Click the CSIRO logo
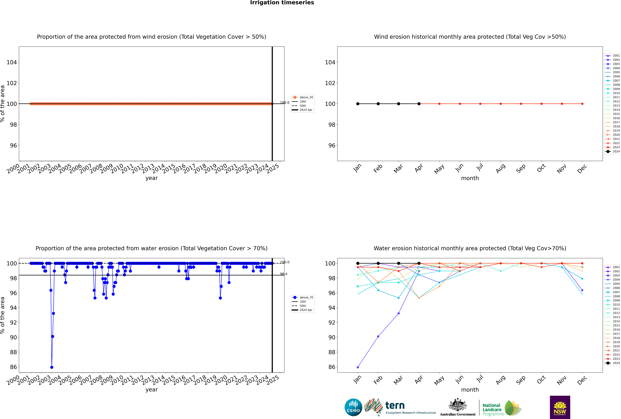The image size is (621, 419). pyautogui.click(x=353, y=407)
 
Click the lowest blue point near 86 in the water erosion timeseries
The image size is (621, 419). pyautogui.click(x=52, y=367)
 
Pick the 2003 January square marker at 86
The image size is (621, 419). pyautogui.click(x=358, y=367)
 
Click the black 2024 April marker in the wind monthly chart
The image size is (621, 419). pyautogui.click(x=419, y=104)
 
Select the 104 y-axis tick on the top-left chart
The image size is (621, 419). pyautogui.click(x=11, y=62)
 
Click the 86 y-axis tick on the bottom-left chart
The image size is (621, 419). pyautogui.click(x=13, y=367)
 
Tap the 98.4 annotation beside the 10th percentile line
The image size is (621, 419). pyautogui.click(x=284, y=274)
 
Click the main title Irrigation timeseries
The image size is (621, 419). pyautogui.click(x=282, y=3)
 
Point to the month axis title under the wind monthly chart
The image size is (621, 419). pyautogui.click(x=470, y=178)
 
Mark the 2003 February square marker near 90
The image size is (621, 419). pyautogui.click(x=378, y=336)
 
